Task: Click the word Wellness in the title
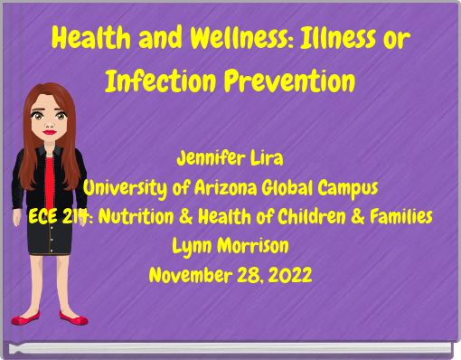(226, 40)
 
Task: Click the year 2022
(291, 274)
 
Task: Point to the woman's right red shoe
(73, 318)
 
